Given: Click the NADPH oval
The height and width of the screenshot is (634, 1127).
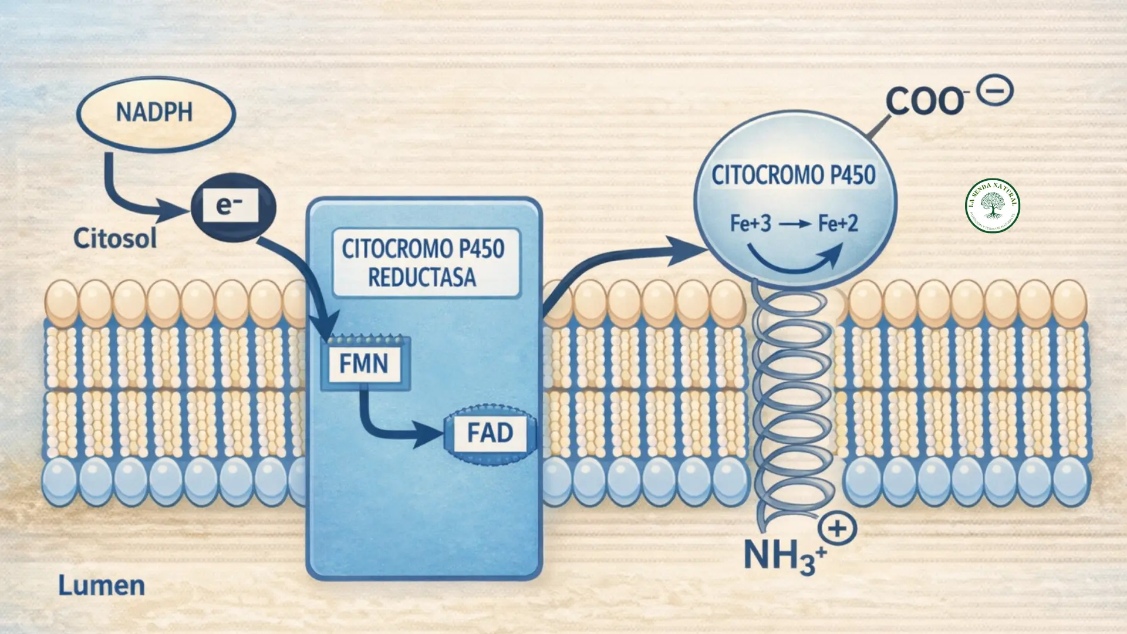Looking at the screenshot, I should coord(155,112).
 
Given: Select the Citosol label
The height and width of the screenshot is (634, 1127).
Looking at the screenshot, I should coord(115,238).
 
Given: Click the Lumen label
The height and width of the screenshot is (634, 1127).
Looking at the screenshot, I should coord(102,585).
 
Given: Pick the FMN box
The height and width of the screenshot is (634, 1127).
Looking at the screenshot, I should coord(364,363).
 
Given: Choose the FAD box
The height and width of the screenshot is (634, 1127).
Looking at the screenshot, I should coord(490,433).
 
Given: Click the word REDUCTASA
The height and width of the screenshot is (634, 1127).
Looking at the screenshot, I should coord(422,277).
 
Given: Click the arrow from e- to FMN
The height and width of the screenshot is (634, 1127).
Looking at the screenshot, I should coord(299,276).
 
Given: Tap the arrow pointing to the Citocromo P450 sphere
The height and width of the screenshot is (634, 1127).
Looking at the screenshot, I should coord(616,258).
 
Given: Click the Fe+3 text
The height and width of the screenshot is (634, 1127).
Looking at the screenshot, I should coord(750,224).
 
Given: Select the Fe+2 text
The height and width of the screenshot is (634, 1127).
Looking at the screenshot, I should coord(838,224).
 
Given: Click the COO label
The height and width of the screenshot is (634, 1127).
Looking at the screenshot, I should coord(923,101).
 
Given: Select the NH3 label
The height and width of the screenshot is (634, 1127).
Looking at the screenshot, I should coord(781,555).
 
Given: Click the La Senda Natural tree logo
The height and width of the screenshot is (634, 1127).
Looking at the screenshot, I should coord(993,205).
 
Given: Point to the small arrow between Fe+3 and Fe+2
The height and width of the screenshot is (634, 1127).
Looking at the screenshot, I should coord(794,224).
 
